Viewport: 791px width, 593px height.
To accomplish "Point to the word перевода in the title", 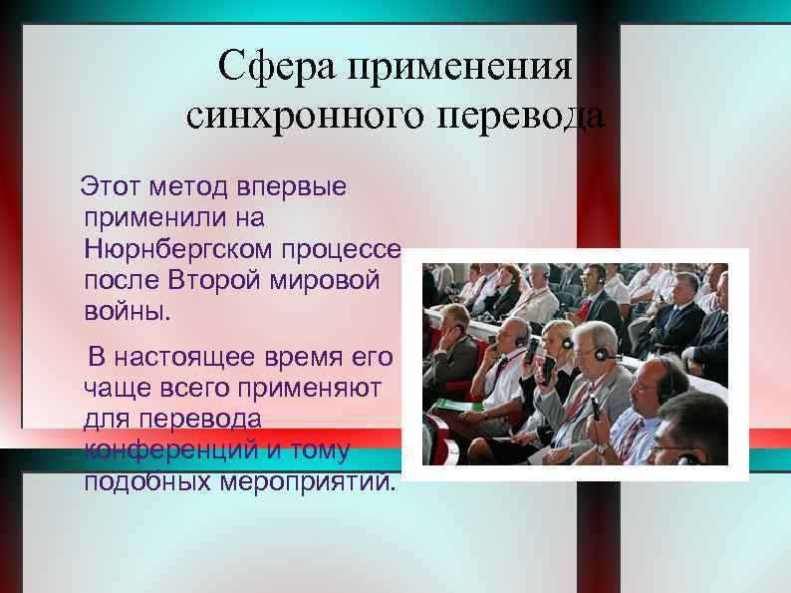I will point(520,117).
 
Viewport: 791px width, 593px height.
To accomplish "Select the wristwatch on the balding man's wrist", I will point(602,448).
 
